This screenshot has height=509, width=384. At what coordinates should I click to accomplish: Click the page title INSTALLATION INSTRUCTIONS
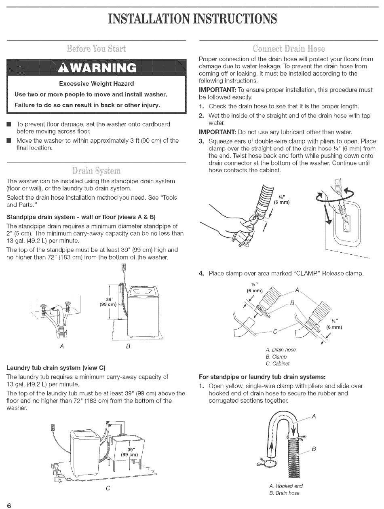[x=192, y=19]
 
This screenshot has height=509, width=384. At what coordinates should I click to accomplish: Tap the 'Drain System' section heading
[x=96, y=170]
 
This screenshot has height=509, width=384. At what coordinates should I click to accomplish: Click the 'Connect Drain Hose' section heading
[x=288, y=49]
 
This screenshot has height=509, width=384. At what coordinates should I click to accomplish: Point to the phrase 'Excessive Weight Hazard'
[x=96, y=84]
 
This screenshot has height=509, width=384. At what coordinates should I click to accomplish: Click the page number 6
[x=8, y=506]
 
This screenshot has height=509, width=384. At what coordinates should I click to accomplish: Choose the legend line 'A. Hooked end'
[x=285, y=486]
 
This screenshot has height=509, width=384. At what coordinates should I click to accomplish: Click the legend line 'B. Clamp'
[x=276, y=357]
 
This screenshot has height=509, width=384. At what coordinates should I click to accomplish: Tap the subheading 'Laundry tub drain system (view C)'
[x=56, y=368]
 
